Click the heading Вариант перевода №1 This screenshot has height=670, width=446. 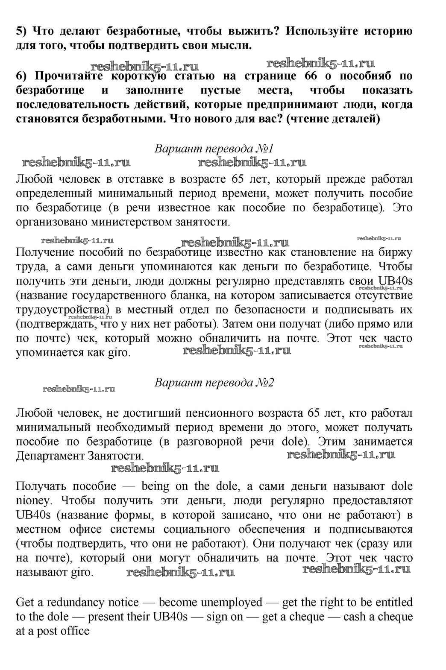point(214,149)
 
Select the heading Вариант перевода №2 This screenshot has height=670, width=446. point(214,382)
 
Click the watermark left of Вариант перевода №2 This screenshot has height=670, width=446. point(79,389)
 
